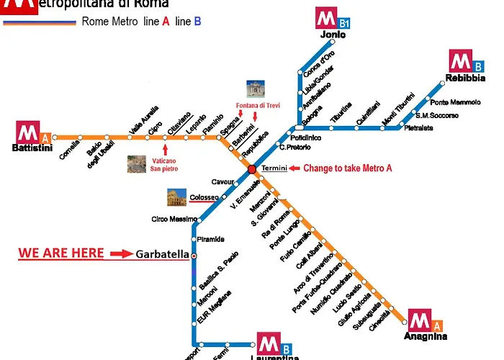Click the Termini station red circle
coord(252,169)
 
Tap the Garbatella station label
coord(163,254)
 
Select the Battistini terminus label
coord(32,148)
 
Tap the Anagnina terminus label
coord(427,336)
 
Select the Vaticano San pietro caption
coord(165,164)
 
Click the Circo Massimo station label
coord(174,219)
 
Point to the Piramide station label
coord(211,239)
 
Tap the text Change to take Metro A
coord(348,168)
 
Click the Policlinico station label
coord(306,137)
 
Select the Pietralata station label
coord(418,128)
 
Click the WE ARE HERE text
coord(61,253)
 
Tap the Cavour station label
coord(222,181)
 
